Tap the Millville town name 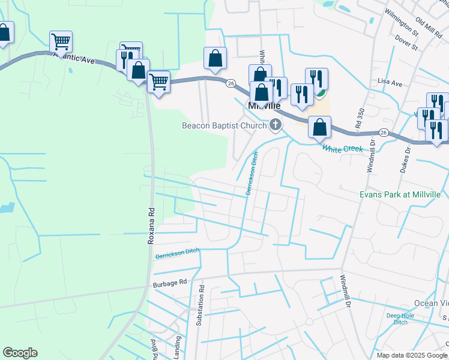(x=264, y=106)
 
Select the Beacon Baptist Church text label (x=224, y=125)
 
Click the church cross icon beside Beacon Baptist (x=276, y=125)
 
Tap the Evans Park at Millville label (x=400, y=195)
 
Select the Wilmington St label (x=401, y=21)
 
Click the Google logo (x=20, y=353)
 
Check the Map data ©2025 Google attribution (x=412, y=355)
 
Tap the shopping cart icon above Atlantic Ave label (x=61, y=41)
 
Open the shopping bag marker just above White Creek (x=320, y=127)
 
